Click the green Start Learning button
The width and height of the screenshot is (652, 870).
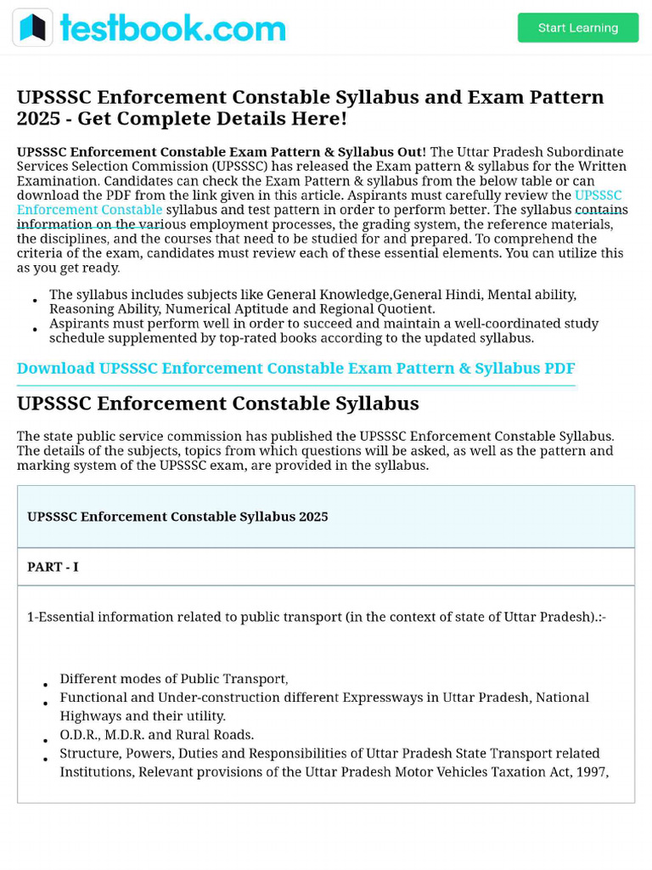577,28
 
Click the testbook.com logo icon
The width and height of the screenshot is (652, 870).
32,28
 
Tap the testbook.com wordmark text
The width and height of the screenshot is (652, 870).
172,28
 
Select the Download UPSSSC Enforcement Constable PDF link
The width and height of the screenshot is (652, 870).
295,369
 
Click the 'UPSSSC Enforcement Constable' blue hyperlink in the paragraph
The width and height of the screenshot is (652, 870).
89,210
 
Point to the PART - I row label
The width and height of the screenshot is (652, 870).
53,567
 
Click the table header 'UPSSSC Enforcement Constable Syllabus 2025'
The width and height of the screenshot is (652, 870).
177,517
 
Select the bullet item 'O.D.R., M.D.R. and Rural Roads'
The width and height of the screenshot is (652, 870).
156,735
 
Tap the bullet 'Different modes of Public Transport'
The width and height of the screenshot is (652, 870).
173,679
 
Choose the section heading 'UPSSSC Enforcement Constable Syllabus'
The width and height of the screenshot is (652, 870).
217,404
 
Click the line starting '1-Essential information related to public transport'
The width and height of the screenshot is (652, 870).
316,617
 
